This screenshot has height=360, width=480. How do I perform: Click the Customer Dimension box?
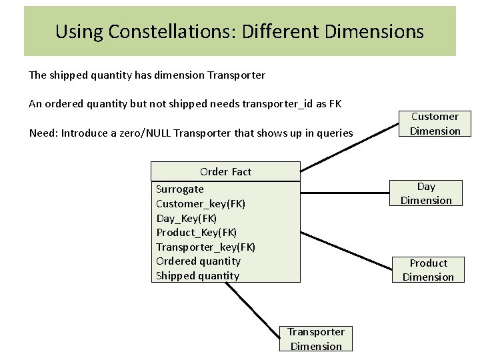435,124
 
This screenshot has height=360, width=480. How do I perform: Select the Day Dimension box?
426,193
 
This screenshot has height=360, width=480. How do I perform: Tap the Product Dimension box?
428,270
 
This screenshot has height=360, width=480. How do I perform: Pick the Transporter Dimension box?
316,339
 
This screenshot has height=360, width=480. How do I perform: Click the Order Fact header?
225,171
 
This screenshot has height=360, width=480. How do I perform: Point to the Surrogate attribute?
180,189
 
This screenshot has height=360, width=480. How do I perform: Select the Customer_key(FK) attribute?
201,203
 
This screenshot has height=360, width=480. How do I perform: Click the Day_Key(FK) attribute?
187,218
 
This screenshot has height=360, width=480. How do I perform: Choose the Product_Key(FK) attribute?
197,232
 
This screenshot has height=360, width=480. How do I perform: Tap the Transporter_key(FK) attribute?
205,247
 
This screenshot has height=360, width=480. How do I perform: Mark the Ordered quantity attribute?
198,261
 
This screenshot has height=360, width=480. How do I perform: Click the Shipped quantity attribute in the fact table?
197,275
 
